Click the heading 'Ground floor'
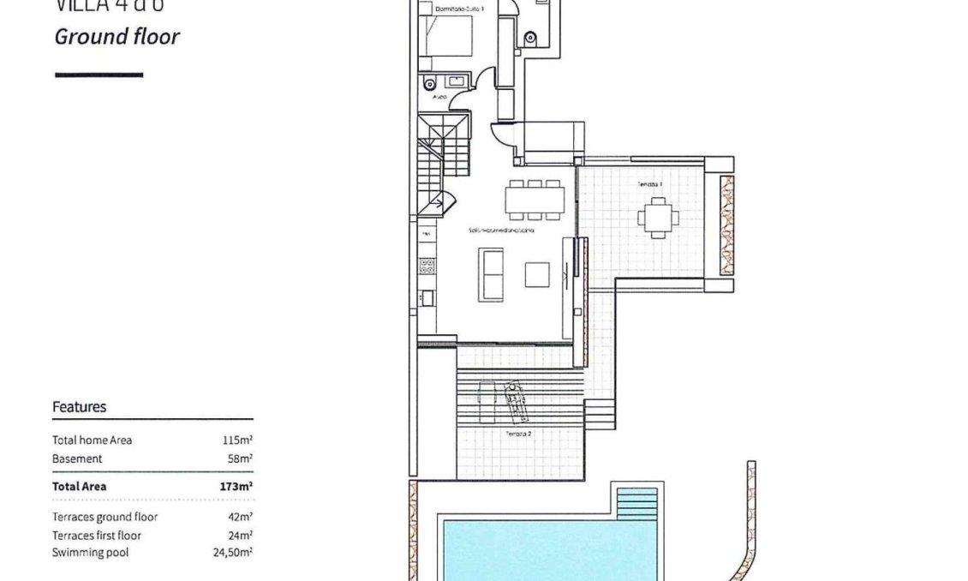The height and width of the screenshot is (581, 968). [x=117, y=37]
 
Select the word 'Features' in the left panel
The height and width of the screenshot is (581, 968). [x=80, y=407]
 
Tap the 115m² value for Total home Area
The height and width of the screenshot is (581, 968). [x=237, y=440]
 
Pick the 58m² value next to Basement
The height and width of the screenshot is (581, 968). [x=240, y=459]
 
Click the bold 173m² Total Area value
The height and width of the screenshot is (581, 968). [x=236, y=486]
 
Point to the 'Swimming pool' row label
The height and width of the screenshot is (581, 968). [x=91, y=553]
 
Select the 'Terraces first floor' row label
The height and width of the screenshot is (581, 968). [x=97, y=536]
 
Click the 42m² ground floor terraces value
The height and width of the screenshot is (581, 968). [x=240, y=518]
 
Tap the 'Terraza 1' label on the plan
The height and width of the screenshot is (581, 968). [x=648, y=185]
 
